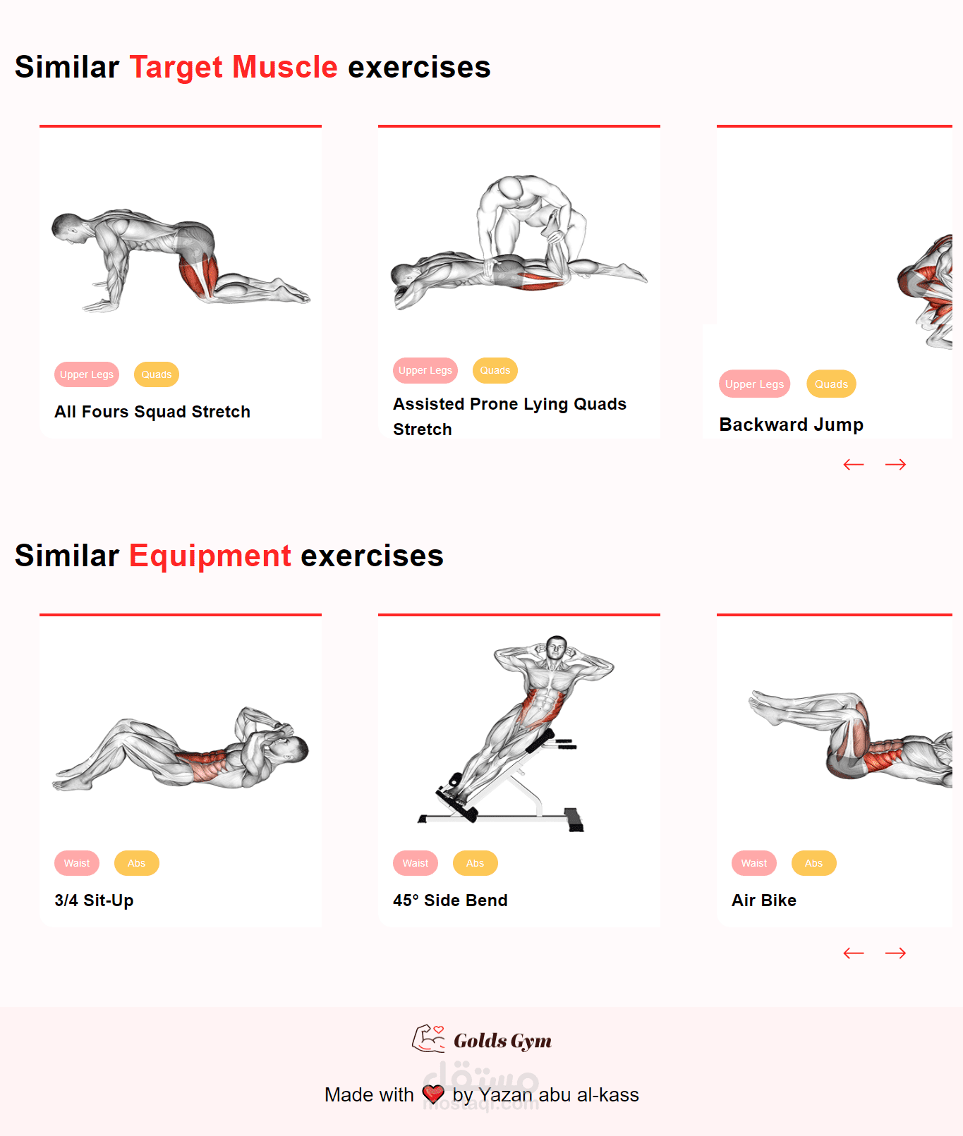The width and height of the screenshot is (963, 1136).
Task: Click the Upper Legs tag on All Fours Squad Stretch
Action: [x=87, y=374]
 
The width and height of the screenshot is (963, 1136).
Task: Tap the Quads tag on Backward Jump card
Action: [x=831, y=384]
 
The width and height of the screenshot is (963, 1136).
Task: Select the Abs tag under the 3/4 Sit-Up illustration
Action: [x=136, y=863]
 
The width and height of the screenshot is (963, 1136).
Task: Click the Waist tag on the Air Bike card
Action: [x=754, y=863]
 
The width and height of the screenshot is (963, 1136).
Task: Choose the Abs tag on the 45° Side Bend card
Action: [x=475, y=863]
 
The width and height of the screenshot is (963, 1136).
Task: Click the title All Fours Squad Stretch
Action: [x=152, y=412]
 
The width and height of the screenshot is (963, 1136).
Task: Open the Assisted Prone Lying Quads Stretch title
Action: [x=509, y=417]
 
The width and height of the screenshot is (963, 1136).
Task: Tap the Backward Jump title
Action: [x=792, y=425]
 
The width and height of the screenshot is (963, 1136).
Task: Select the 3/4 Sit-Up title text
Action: [x=94, y=900]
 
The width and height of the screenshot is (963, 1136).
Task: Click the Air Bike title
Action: [x=764, y=900]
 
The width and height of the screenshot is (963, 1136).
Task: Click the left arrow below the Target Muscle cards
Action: [x=854, y=464]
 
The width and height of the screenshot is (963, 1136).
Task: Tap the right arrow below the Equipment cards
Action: [x=896, y=953]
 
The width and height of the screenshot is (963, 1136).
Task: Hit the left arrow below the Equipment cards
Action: [x=854, y=953]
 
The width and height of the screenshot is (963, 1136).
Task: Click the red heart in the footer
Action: [x=433, y=1094]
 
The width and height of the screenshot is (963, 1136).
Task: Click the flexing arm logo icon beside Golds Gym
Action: [x=428, y=1039]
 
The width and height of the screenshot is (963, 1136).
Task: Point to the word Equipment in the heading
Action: [x=210, y=556]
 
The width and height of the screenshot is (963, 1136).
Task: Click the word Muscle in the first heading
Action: [x=285, y=68]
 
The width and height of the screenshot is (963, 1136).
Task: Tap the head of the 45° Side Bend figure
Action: [x=557, y=647]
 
